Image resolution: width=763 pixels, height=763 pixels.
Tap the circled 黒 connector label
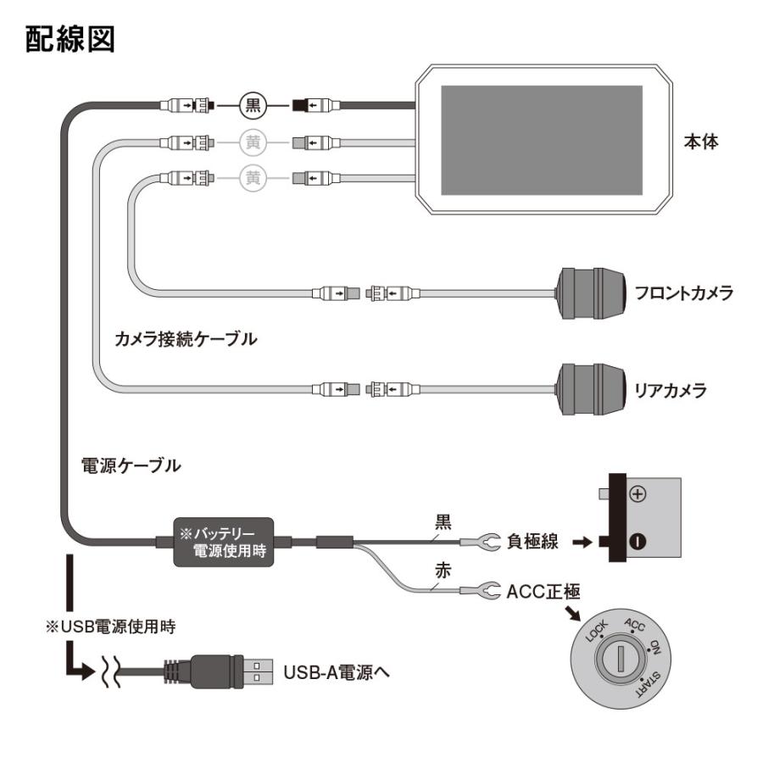point(252,106)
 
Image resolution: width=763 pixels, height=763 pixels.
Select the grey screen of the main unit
point(543,140)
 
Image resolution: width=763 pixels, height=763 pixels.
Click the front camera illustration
point(591,292)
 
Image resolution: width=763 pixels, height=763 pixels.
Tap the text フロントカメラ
point(683,293)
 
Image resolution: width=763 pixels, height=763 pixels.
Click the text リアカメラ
point(670,392)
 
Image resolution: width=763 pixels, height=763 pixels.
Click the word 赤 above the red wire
point(443,571)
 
